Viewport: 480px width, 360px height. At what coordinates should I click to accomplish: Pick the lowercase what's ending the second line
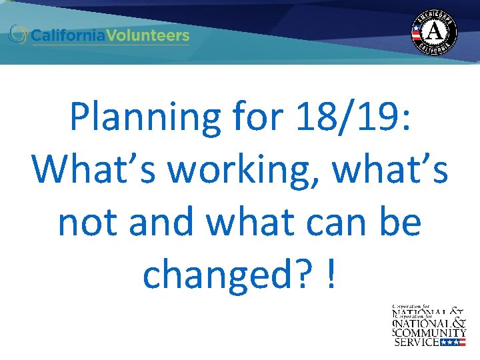click(390, 170)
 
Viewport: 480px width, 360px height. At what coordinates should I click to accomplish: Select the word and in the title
click(163, 223)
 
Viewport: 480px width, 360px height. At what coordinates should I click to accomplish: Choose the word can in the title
click(346, 223)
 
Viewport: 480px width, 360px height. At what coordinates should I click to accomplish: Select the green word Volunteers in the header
click(152, 35)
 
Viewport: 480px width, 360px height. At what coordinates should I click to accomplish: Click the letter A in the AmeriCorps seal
click(434, 31)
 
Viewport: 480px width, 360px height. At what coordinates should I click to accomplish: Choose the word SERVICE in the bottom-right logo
click(417, 342)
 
